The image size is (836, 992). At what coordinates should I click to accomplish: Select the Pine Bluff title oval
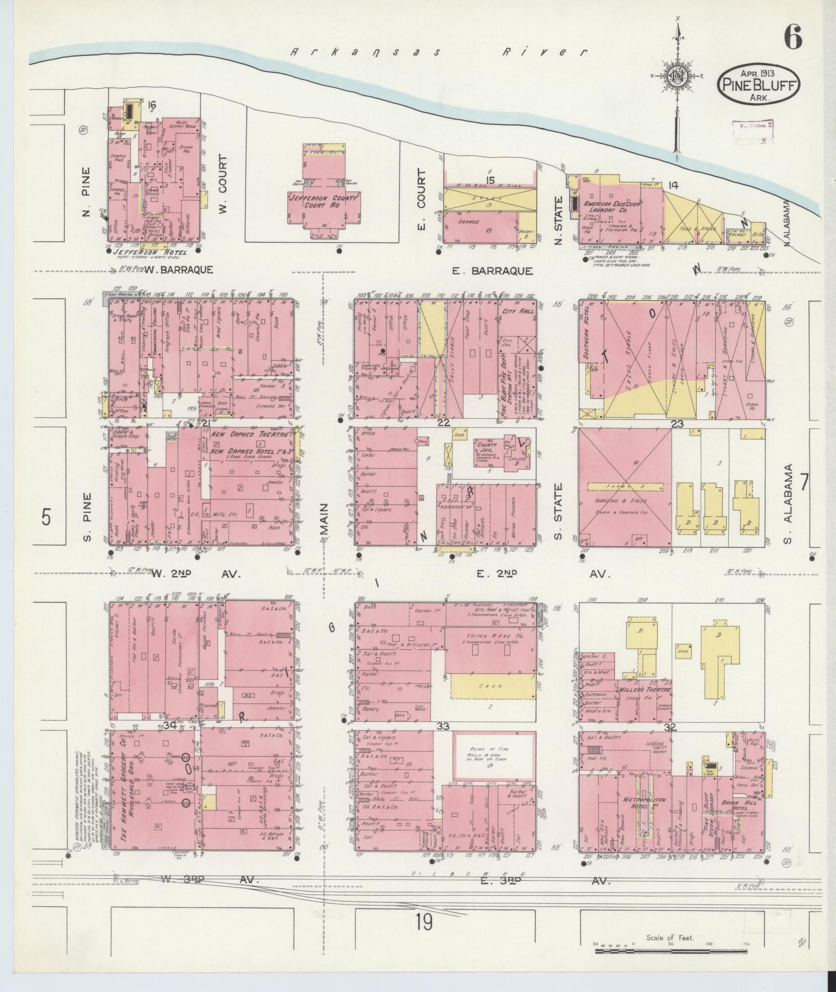(x=759, y=86)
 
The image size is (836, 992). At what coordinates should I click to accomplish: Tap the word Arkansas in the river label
(x=365, y=52)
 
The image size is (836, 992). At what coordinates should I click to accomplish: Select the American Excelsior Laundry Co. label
(x=613, y=207)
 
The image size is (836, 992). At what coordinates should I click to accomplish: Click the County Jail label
(x=485, y=448)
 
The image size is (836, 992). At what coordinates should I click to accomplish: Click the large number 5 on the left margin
(x=46, y=517)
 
